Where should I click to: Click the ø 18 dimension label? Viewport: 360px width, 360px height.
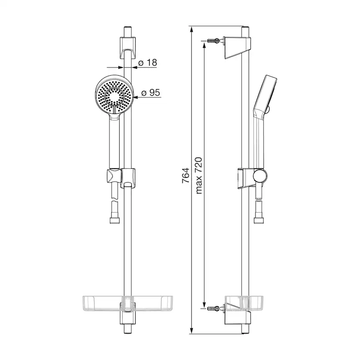tap(147, 63)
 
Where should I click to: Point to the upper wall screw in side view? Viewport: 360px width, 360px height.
tap(213, 42)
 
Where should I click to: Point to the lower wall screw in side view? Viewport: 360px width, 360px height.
tap(213, 309)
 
